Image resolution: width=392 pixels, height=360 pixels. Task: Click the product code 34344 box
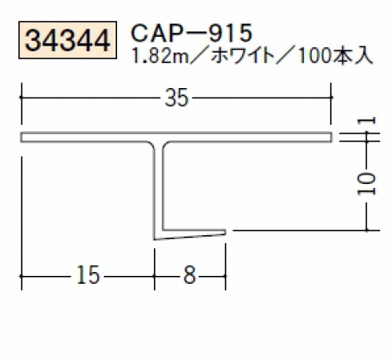tap(68, 40)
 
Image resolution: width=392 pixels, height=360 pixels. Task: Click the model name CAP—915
tap(192, 33)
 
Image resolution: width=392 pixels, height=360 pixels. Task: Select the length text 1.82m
tap(160, 56)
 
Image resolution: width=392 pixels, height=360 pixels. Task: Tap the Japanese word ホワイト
tap(242, 56)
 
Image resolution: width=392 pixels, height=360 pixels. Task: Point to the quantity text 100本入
tap(335, 56)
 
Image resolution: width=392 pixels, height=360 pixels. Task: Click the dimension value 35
tap(176, 97)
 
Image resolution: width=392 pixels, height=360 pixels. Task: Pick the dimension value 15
tap(88, 275)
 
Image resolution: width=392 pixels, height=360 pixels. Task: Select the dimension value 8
tap(189, 275)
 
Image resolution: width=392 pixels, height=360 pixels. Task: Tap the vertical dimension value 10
tap(366, 184)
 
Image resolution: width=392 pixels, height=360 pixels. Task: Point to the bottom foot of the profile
tap(190, 234)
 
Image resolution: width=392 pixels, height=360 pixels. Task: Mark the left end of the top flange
tap(21, 138)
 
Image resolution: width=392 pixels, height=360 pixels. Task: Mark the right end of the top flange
tap(332, 138)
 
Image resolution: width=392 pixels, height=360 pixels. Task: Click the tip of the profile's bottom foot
tap(225, 232)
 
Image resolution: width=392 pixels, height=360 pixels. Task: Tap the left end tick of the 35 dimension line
tap(21, 97)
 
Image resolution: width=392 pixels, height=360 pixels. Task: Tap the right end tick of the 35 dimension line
tap(331, 97)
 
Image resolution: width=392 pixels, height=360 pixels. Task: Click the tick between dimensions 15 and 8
tap(155, 276)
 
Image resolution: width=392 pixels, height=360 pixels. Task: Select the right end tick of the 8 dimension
tap(225, 276)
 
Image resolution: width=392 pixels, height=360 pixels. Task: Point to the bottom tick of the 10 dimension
tap(367, 230)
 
